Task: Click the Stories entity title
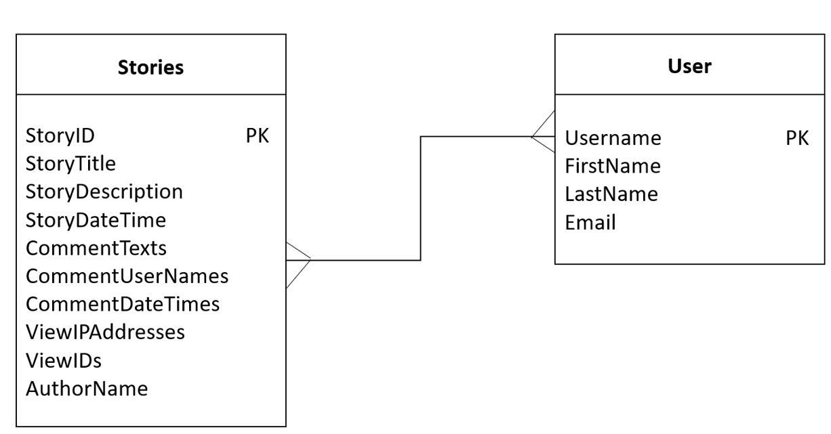[150, 68]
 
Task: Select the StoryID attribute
[60, 136]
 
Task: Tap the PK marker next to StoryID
[257, 136]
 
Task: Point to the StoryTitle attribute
[70, 164]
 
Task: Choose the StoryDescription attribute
[104, 192]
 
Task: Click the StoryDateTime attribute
[96, 220]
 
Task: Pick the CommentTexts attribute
[96, 248]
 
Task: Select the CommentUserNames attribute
[127, 276]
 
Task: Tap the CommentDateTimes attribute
[122, 304]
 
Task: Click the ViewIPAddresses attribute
[105, 332]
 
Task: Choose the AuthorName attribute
[87, 389]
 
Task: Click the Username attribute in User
[613, 138]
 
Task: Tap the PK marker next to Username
[796, 138]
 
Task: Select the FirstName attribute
[613, 166]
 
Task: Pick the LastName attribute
[611, 194]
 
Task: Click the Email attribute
[590, 222]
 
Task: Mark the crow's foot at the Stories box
[298, 259]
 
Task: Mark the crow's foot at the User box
[544, 137]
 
